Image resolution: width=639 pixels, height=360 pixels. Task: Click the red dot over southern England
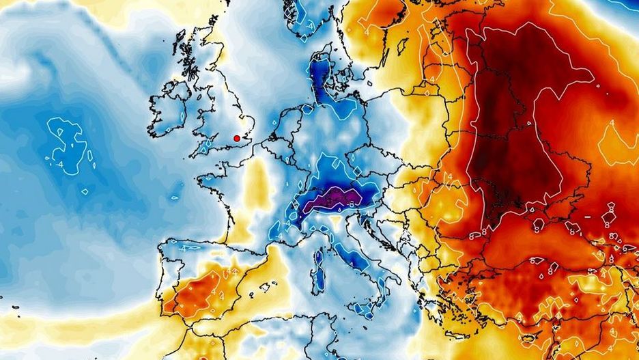tap(237, 138)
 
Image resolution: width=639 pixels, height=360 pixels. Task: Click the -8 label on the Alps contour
tap(350, 203)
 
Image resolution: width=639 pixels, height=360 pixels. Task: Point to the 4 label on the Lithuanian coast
tap(429, 87)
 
